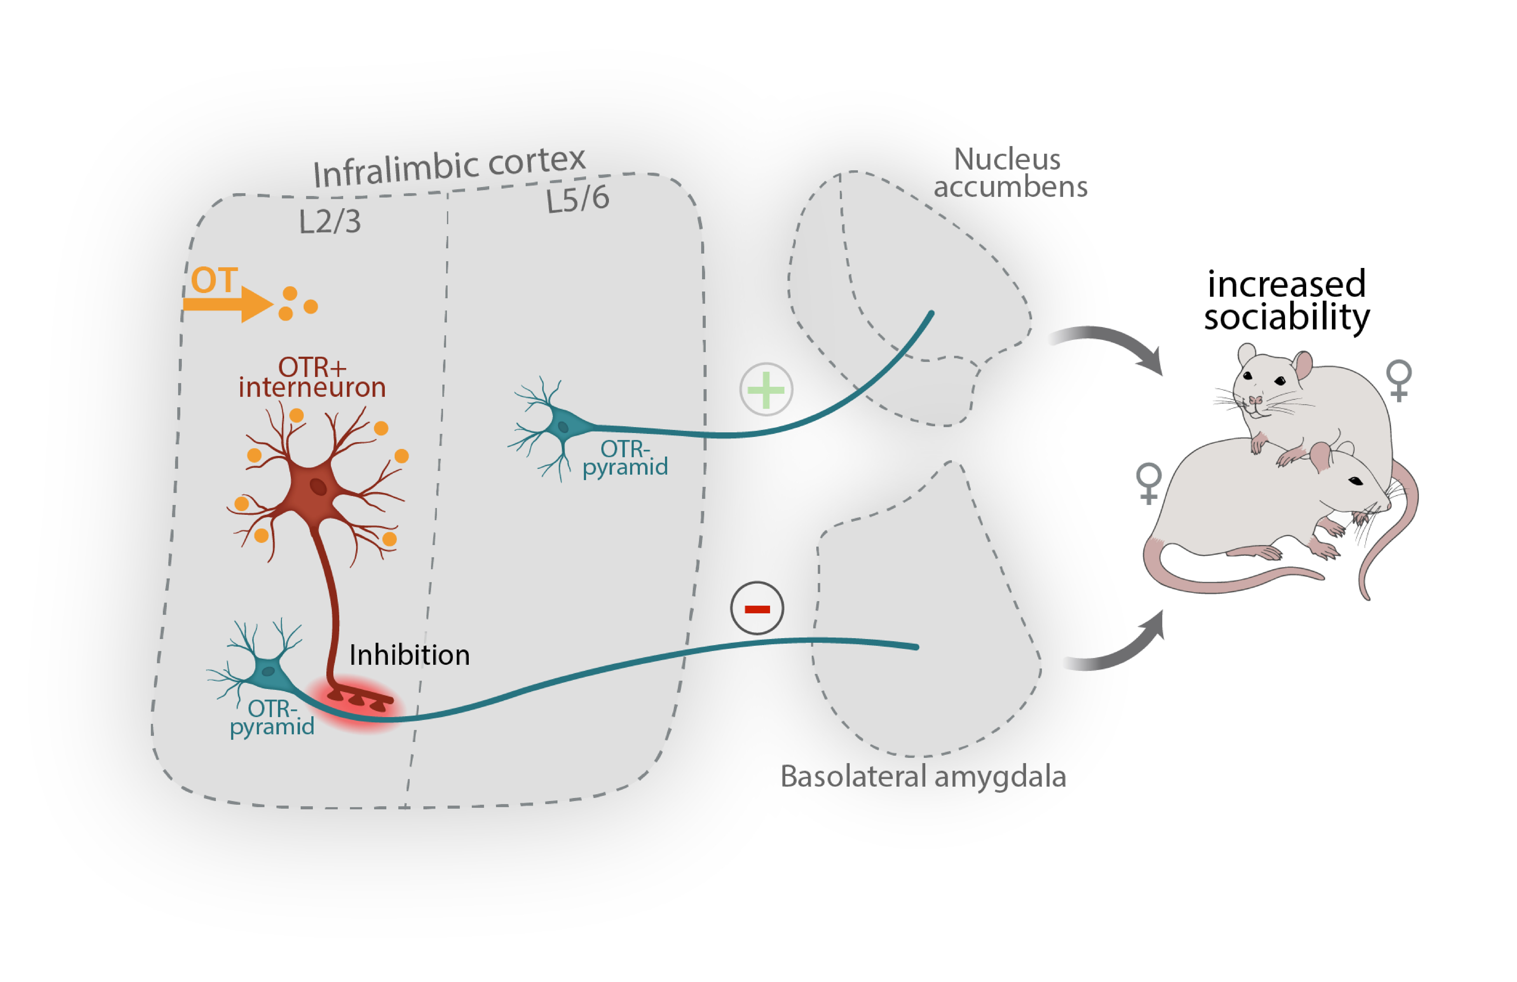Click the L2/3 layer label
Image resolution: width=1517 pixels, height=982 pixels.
pos(329,222)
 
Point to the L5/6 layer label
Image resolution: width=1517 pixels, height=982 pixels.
pos(578,199)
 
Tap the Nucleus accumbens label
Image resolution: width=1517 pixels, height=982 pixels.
pos(1010,173)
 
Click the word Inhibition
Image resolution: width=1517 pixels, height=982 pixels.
pos(409,655)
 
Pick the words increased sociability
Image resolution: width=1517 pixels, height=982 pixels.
pos(1286,300)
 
